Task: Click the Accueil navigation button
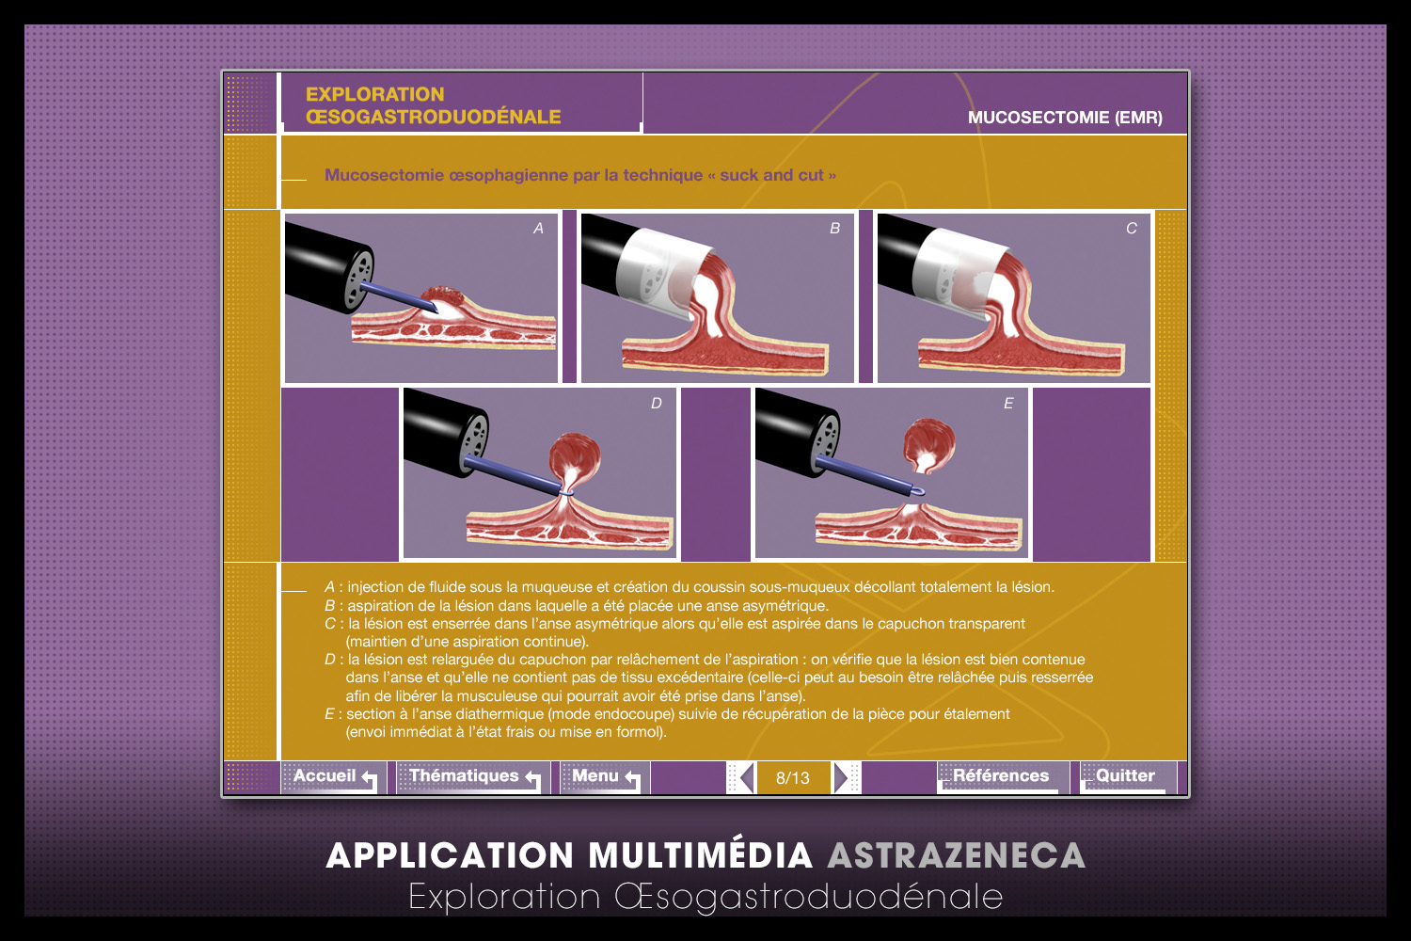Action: (334, 776)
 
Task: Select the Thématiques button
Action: (474, 776)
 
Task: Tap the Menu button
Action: (605, 776)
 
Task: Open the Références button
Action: (1002, 776)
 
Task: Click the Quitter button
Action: (1128, 776)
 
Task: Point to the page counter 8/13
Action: (792, 778)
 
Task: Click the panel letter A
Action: (538, 228)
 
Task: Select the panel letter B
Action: (834, 228)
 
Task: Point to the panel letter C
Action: (1132, 228)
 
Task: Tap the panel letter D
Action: (657, 403)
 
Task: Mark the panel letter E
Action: (1008, 403)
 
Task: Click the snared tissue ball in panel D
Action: (575, 457)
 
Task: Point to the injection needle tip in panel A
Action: (436, 311)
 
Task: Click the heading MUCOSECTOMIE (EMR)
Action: (1065, 118)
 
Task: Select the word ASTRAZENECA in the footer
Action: (957, 856)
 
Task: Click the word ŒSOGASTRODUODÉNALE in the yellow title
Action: (434, 117)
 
